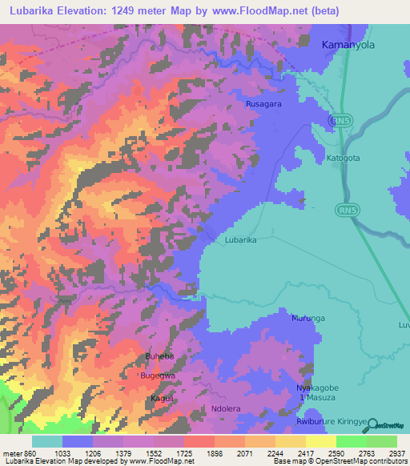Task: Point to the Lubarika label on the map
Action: pos(240,239)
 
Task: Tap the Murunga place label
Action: pos(307,318)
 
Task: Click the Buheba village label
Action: pos(159,357)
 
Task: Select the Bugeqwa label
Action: pos(158,375)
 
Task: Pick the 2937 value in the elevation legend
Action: pos(387,453)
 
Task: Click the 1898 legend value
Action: pos(215,453)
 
